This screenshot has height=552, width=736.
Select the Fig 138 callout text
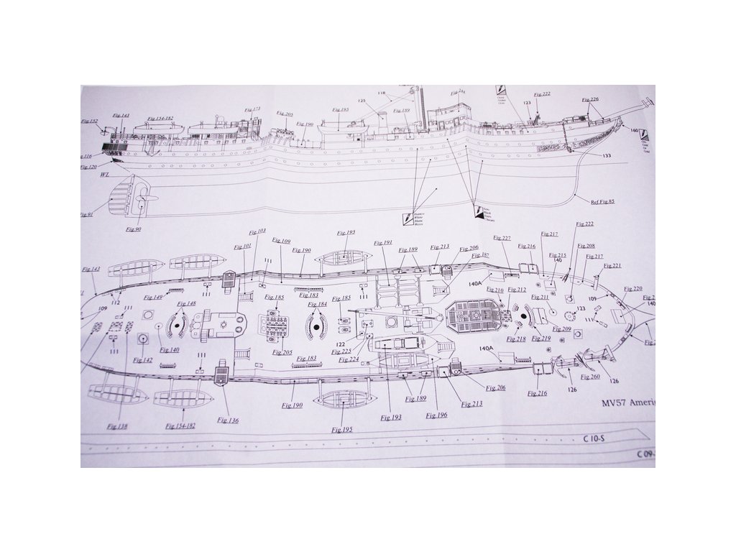click(x=116, y=427)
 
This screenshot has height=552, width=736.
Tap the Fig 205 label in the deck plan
click(x=282, y=352)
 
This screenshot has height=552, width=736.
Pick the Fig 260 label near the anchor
click(x=590, y=377)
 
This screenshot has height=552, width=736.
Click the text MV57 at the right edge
click(x=616, y=403)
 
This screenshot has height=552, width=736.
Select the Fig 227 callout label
click(x=502, y=238)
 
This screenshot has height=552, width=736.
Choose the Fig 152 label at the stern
click(x=89, y=121)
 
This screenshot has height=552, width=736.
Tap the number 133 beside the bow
click(x=607, y=156)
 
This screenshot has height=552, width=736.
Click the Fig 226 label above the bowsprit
click(x=589, y=100)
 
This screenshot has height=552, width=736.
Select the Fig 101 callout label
click(x=242, y=247)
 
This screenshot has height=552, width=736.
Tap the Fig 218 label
click(x=516, y=339)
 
